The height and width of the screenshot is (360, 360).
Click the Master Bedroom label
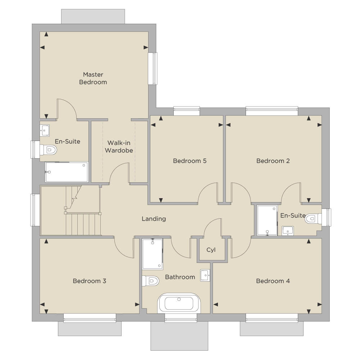pyautogui.click(x=93, y=78)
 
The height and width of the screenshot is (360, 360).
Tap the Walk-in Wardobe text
pyautogui.click(x=119, y=146)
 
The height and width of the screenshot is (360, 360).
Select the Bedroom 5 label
pyautogui.click(x=190, y=161)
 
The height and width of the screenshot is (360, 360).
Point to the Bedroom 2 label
pyautogui.click(x=273, y=161)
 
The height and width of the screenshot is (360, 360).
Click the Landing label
pyautogui.click(x=154, y=219)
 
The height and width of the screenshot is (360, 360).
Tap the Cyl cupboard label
pyautogui.click(x=211, y=250)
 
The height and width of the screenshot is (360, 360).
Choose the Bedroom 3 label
pyautogui.click(x=89, y=281)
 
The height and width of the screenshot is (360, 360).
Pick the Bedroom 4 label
pyautogui.click(x=273, y=281)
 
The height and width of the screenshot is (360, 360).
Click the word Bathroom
pyautogui.click(x=180, y=277)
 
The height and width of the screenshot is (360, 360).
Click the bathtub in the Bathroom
pyautogui.click(x=179, y=303)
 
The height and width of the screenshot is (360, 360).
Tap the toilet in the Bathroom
pyautogui.click(x=150, y=281)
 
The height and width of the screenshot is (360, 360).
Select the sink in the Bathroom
pyautogui.click(x=205, y=275)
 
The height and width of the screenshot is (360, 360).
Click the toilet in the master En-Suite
pyautogui.click(x=48, y=150)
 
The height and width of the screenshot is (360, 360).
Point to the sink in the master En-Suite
pyautogui.click(x=45, y=131)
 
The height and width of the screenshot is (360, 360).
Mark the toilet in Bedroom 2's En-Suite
pyautogui.click(x=314, y=219)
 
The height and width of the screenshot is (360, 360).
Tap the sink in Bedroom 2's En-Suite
pyautogui.click(x=288, y=231)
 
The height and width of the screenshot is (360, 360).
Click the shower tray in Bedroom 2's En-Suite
pyautogui.click(x=267, y=220)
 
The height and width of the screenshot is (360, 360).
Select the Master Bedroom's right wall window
pyautogui.click(x=153, y=68)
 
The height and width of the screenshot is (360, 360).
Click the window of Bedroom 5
pyautogui.click(x=187, y=111)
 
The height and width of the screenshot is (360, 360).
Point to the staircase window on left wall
pyautogui.click(x=35, y=210)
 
